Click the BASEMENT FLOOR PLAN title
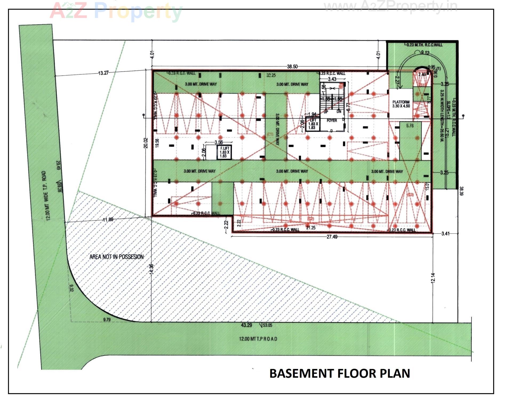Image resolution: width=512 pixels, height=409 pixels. pos(339,373)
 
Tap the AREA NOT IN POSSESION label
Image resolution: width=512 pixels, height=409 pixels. pos(117,257)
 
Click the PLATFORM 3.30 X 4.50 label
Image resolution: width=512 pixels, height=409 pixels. pos(401,104)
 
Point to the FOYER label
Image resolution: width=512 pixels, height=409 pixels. pos(332,121)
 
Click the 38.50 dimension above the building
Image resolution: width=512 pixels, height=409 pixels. pos(292,66)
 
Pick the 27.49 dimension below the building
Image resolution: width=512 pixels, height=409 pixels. pos(332,237)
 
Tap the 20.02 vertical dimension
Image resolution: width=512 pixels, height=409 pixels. pos(146,143)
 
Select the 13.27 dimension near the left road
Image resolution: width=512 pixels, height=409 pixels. pos(103,73)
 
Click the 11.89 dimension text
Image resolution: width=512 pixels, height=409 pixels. pos(108,219)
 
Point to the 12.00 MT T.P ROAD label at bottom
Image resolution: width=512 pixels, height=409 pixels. pos(258,339)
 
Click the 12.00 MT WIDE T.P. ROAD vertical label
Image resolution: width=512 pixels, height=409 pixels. pos(46,196)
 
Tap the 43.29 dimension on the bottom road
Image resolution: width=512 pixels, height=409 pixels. pos(246,325)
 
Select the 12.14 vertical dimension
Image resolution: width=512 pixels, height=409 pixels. pos(433,278)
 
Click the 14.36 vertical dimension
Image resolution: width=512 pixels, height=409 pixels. pos(151,269)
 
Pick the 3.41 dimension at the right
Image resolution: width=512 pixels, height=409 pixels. pos(445,234)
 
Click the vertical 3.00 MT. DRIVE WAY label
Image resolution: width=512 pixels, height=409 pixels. pos(277,129)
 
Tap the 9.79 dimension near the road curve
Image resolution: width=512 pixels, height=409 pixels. pos(107,319)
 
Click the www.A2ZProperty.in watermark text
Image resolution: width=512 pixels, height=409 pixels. pos(390,6)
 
